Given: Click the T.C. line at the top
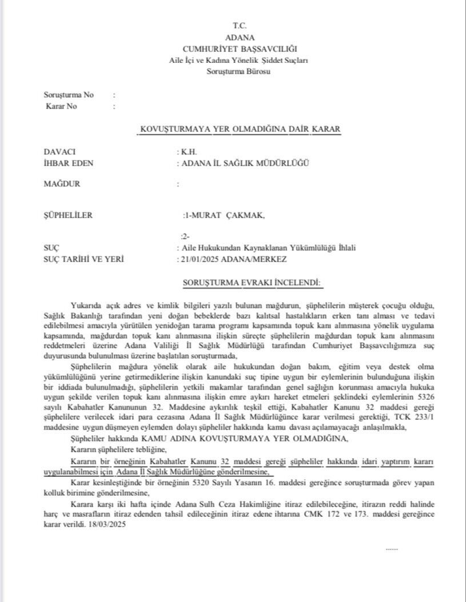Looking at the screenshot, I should pos(239,26).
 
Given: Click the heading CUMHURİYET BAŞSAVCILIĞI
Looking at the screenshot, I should pos(240,49).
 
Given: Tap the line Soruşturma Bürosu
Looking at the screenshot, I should pos(239,71).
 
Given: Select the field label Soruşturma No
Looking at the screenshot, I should pos(69,95).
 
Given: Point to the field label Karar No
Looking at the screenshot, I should pos(61,106).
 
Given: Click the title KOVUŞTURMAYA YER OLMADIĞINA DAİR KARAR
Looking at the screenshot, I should pos(240,129).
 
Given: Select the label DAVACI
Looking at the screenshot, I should pos(60,152).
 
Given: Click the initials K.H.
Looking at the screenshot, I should pos(189,152).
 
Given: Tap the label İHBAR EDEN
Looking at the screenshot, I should pos(69,163).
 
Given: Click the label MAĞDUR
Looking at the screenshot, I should pos(62,184).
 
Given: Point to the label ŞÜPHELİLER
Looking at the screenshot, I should pos(68,215).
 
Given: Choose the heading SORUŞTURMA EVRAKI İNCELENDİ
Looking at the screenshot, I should pos(252,282).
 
